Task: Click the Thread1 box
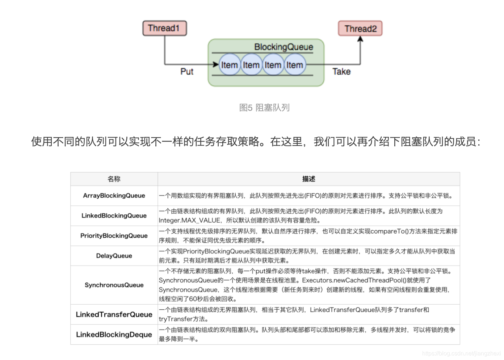[x=164, y=28]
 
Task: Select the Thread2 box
[x=360, y=29]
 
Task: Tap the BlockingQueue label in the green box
[x=283, y=47]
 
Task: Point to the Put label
[x=187, y=72]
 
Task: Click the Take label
[x=341, y=72]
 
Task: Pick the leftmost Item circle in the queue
[x=230, y=65]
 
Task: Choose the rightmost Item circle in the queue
[x=295, y=65]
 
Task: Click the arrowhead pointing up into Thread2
[x=360, y=39]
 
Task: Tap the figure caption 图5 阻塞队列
[x=264, y=108]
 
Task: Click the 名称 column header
[x=114, y=179]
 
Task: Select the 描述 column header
[x=308, y=179]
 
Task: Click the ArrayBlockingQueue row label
[x=114, y=196]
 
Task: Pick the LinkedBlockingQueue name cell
[x=114, y=215]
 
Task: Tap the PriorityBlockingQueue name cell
[x=114, y=236]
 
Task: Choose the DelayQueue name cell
[x=114, y=256]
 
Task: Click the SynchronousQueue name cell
[x=114, y=285]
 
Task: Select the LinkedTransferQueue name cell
[x=114, y=314]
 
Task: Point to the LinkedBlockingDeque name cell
[x=114, y=334]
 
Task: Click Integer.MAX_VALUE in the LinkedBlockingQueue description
[x=189, y=220]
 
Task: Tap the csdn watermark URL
[x=461, y=353]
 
